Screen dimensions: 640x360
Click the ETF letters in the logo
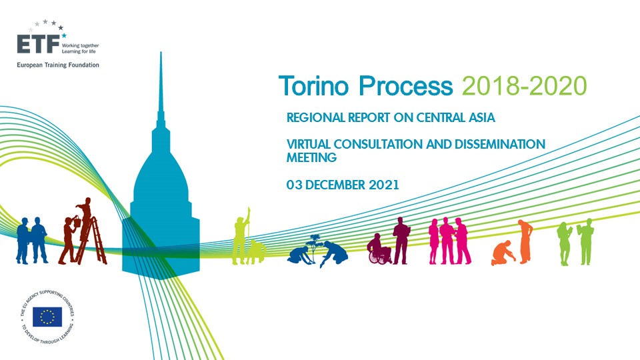38,44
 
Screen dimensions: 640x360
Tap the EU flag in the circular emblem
47,317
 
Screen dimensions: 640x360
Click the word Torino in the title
314,86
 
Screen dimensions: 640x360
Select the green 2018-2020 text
525,86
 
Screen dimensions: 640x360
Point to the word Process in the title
406,86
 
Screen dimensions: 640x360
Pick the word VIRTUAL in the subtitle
308,144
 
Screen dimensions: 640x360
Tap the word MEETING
311,157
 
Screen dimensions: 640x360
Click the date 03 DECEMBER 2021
343,185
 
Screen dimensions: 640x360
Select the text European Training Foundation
58,65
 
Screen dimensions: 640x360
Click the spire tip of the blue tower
161,52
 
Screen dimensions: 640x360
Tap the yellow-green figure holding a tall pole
241,236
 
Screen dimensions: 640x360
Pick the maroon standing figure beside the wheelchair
401,241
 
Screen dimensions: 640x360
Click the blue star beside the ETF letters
64,35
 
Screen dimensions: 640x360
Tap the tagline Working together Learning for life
80,49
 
